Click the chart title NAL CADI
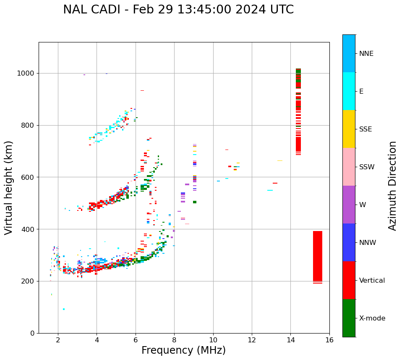178,10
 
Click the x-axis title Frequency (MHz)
183,350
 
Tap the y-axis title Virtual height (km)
9,187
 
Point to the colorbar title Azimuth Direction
392,185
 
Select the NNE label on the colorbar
366,54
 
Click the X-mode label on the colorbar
372,318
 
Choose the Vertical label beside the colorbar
372,281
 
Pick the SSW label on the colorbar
367,167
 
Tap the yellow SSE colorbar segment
349,129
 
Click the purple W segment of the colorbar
349,205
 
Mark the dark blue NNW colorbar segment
349,242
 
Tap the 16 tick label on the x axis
329,340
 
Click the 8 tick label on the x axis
174,340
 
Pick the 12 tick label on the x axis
252,340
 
